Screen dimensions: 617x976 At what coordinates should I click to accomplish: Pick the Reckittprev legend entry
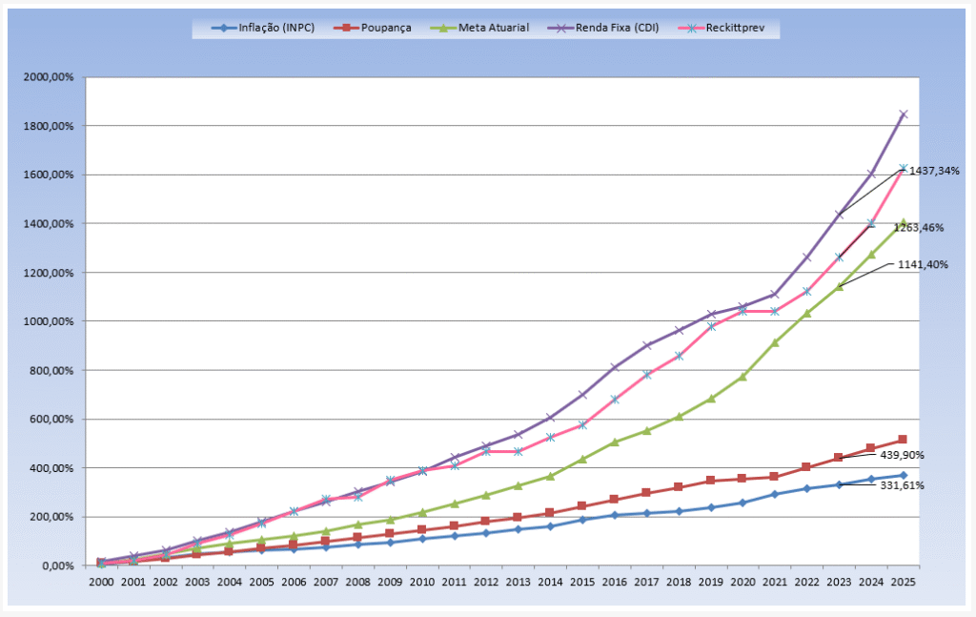click(735, 29)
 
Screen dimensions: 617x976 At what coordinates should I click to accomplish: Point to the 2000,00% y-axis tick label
click(48, 77)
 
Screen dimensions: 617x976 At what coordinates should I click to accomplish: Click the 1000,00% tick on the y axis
click(48, 321)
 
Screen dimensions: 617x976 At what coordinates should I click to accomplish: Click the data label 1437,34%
click(933, 171)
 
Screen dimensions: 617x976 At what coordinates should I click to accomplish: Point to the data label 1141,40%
click(922, 264)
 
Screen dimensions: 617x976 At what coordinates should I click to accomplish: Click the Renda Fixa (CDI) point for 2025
click(903, 114)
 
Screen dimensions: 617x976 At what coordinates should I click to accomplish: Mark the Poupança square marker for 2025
click(903, 440)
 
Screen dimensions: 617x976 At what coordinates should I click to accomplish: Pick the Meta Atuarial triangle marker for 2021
click(775, 341)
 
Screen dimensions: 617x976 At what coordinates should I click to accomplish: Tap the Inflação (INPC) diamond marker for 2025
click(903, 475)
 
